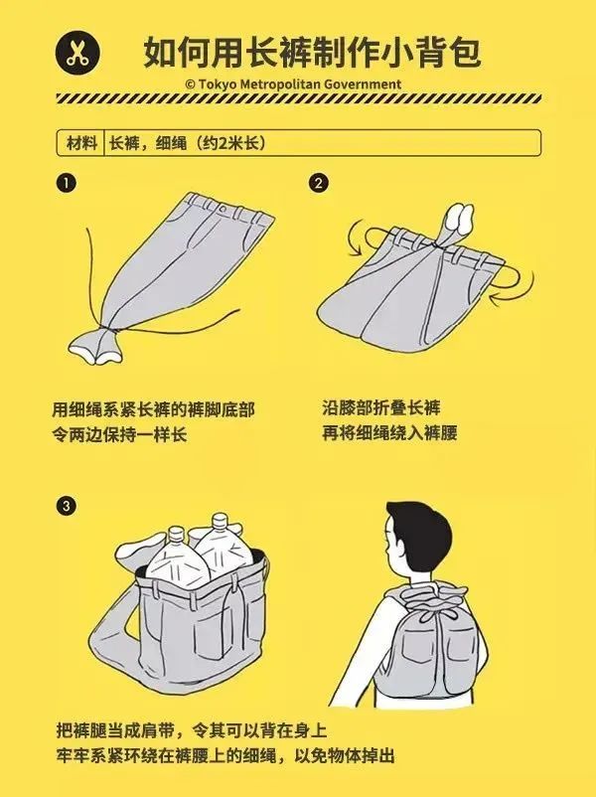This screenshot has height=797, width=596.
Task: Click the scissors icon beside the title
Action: pyautogui.click(x=77, y=54)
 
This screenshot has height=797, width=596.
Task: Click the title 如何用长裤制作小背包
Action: pyautogui.click(x=312, y=52)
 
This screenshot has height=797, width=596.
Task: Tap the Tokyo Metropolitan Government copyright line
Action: pyautogui.click(x=293, y=83)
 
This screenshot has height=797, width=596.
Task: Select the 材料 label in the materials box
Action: pyautogui.click(x=81, y=143)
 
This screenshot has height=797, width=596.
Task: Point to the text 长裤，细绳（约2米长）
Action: pyautogui.click(x=188, y=143)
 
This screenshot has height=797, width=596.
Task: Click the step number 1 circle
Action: pyautogui.click(x=66, y=183)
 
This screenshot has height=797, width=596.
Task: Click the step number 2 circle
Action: pyautogui.click(x=318, y=183)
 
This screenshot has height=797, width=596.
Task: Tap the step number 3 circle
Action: pyautogui.click(x=66, y=506)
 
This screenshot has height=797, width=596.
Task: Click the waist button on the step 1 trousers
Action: pyautogui.click(x=223, y=209)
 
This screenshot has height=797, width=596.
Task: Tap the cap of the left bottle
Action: pyautogui.click(x=175, y=534)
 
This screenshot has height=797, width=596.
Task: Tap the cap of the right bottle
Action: pyautogui.click(x=220, y=521)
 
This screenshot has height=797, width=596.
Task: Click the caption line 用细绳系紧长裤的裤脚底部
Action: pyautogui.click(x=153, y=409)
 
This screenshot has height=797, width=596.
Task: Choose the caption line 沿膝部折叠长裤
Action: pyautogui.click(x=381, y=407)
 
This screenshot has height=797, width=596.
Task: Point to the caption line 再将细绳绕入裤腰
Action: pyautogui.click(x=389, y=433)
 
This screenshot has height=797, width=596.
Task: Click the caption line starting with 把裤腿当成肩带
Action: pyautogui.click(x=192, y=731)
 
